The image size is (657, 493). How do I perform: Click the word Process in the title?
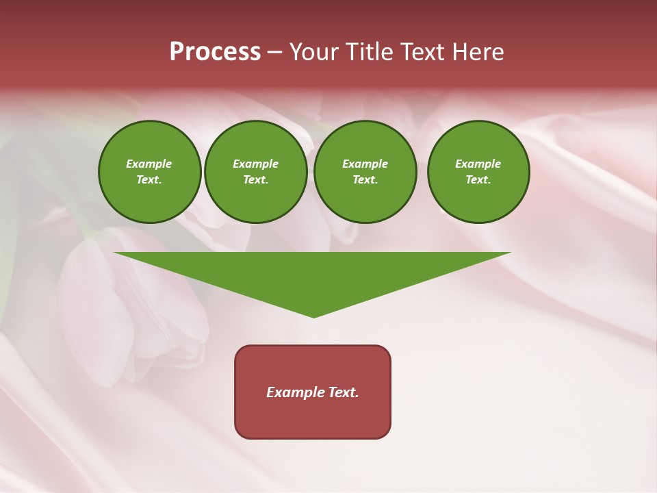point(215,52)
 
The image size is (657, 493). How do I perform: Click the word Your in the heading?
point(315,52)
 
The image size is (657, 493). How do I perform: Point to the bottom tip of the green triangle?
point(314,316)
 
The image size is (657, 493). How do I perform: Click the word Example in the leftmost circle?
point(149,164)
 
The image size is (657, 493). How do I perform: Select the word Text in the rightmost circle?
point(478,180)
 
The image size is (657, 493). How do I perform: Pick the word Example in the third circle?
point(365,164)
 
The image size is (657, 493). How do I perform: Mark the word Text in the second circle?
point(255,180)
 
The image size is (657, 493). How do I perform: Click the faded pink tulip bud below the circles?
point(130,308)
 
